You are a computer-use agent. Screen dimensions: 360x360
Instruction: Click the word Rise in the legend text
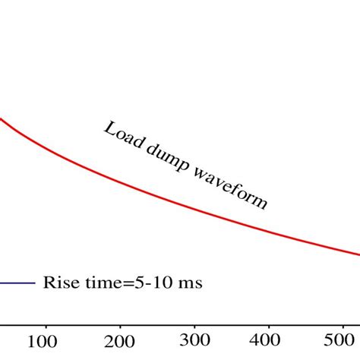pos(58,283)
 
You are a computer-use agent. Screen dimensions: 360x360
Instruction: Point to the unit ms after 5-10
pos(190,283)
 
